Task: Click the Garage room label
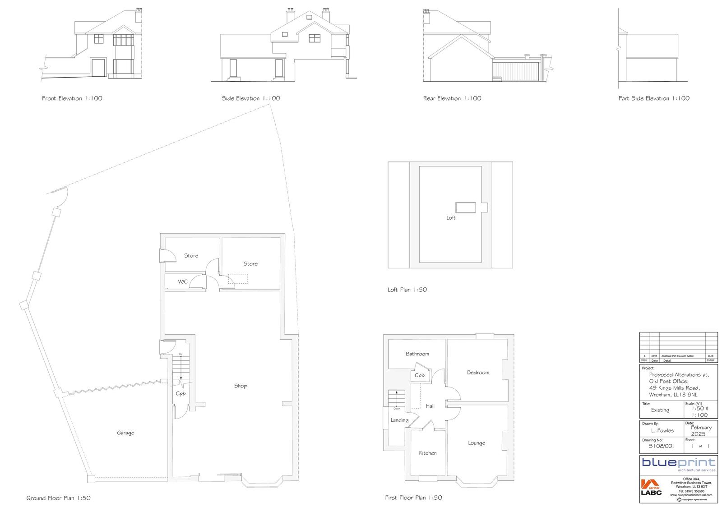click(x=125, y=433)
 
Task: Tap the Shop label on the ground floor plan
click(x=241, y=386)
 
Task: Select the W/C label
click(x=183, y=282)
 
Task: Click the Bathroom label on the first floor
click(x=417, y=354)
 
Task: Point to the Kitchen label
click(x=428, y=453)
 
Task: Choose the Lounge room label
click(x=477, y=443)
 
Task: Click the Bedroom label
click(x=478, y=373)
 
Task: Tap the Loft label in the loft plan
click(x=451, y=218)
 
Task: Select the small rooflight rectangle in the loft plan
click(x=465, y=207)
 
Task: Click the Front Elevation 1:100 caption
click(x=72, y=98)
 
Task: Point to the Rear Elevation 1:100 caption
click(x=452, y=98)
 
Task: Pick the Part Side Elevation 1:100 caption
click(x=654, y=98)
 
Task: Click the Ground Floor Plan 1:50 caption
click(x=59, y=498)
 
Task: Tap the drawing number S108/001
click(x=662, y=446)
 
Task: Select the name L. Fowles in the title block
click(x=662, y=431)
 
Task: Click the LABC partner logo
click(x=651, y=488)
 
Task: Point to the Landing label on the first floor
click(x=399, y=420)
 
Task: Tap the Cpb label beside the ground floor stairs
click(x=180, y=394)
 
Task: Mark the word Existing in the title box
click(x=660, y=410)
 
